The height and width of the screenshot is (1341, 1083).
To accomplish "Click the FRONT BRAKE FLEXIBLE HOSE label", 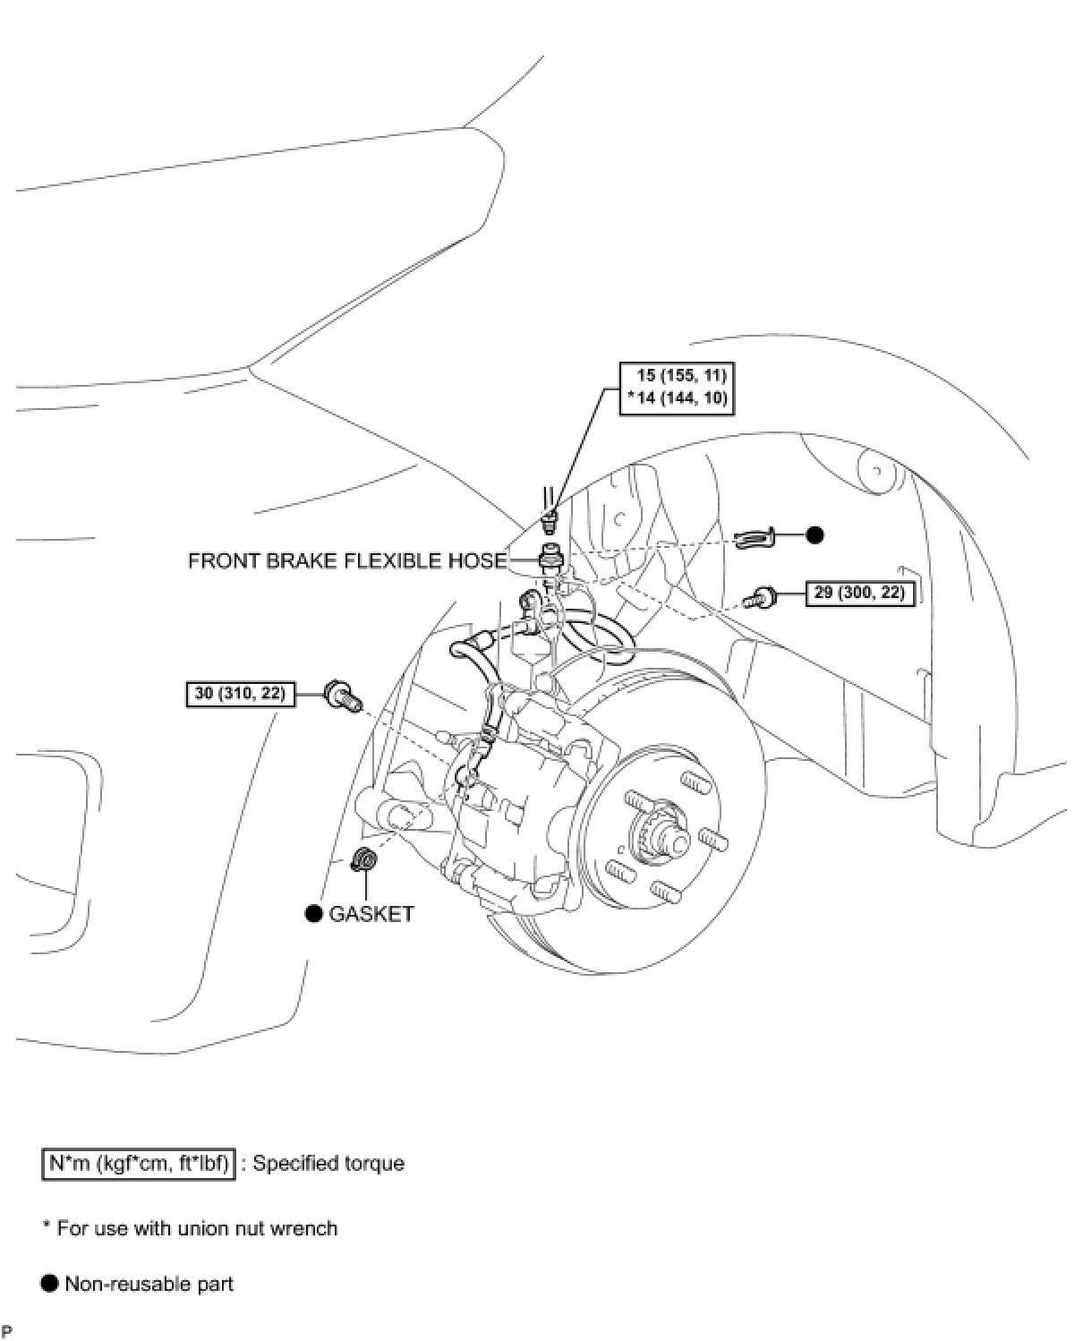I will click(347, 561).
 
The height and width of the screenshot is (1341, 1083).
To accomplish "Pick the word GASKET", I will click(371, 914).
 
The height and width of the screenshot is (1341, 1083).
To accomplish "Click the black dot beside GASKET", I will click(313, 914).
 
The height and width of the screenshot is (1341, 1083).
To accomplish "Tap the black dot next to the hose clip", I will click(814, 535).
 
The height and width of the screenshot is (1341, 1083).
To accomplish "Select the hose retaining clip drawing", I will click(755, 538).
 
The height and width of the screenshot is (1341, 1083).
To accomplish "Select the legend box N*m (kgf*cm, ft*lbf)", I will click(139, 1164).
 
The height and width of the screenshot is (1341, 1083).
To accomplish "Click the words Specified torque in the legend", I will click(328, 1164).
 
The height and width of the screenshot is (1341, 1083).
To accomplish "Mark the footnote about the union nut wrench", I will click(190, 1228).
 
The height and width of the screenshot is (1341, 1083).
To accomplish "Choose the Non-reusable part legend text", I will click(149, 1285).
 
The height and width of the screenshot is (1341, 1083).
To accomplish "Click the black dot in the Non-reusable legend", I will click(49, 1285).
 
